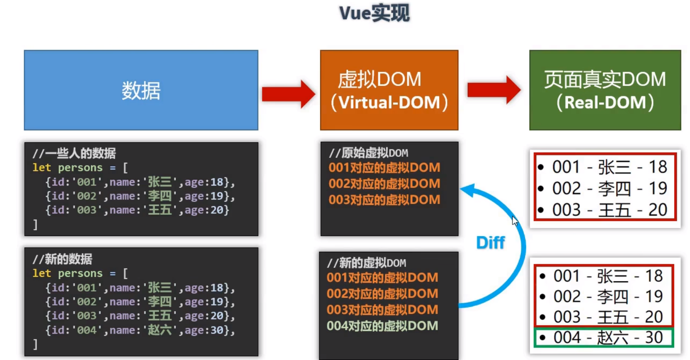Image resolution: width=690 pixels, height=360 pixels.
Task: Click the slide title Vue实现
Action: tap(374, 13)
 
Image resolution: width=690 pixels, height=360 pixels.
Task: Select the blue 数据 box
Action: tap(141, 90)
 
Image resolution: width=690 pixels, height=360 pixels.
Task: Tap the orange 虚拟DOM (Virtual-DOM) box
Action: tap(389, 90)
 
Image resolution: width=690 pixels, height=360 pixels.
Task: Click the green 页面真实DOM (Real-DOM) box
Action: tap(605, 90)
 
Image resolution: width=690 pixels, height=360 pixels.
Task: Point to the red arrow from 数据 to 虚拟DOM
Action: tap(288, 94)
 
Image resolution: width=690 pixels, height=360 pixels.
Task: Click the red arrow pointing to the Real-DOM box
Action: tap(494, 90)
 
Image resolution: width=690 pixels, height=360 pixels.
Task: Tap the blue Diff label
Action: tap(490, 243)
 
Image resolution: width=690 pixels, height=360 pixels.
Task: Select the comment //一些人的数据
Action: tap(74, 153)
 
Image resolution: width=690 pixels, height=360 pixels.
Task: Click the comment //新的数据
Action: tap(62, 259)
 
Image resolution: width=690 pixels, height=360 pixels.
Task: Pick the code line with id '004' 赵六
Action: tap(140, 330)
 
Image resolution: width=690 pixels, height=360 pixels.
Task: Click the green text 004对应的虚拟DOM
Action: tap(382, 326)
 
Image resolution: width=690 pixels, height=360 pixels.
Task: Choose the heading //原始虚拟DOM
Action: tap(368, 153)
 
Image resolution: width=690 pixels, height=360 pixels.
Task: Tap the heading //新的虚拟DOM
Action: tap(367, 263)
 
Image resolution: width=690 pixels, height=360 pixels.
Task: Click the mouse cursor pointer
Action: tap(515, 220)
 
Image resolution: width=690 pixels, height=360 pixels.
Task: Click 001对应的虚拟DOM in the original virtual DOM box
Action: tap(384, 168)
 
